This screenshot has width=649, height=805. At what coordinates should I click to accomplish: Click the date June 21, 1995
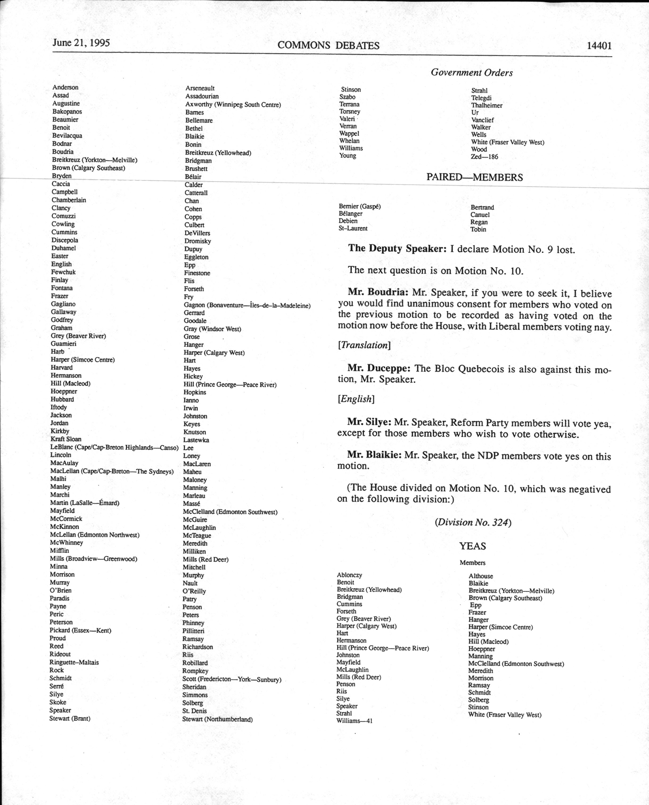pyautogui.click(x=81, y=43)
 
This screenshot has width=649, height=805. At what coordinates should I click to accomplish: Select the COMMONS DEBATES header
pyautogui.click(x=328, y=45)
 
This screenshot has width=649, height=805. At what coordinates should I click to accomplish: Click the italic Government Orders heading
pyautogui.click(x=471, y=72)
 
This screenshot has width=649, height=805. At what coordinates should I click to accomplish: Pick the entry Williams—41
pyautogui.click(x=354, y=721)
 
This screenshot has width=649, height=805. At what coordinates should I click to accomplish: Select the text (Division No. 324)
pyautogui.click(x=473, y=522)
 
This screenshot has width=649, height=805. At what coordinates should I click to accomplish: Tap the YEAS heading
pyautogui.click(x=473, y=546)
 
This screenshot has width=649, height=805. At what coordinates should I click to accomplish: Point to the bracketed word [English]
pyautogui.click(x=356, y=399)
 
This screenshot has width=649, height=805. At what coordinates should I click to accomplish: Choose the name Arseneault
pyautogui.click(x=200, y=88)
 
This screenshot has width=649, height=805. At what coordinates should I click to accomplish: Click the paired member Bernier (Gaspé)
pyautogui.click(x=360, y=206)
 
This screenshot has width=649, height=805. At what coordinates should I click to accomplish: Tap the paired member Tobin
pyautogui.click(x=478, y=229)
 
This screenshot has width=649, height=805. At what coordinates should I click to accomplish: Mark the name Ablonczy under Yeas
pyautogui.click(x=349, y=575)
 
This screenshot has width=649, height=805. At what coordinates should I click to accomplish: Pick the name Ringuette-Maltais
pyautogui.click(x=74, y=662)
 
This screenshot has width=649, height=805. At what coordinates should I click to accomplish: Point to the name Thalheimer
pyautogui.click(x=487, y=105)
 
